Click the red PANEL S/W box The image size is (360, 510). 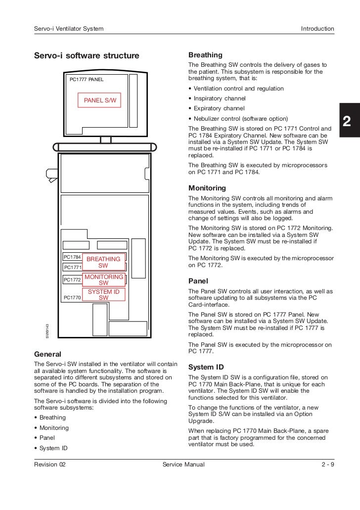pyautogui.click(x=100, y=100)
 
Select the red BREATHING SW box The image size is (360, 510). pyautogui.click(x=103, y=262)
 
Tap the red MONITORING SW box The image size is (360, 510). pyautogui.click(x=104, y=280)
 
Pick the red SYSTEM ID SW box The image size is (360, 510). pyautogui.click(x=104, y=295)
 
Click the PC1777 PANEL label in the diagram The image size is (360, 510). pyautogui.click(x=87, y=79)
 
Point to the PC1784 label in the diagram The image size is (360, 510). pyautogui.click(x=73, y=257)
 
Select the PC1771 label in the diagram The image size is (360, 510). pyautogui.click(x=73, y=268)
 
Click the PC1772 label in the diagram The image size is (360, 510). pyautogui.click(x=73, y=280)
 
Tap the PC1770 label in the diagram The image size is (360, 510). pyautogui.click(x=73, y=298)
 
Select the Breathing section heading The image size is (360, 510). pyautogui.click(x=205, y=55)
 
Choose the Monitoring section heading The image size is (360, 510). pyautogui.click(x=207, y=188)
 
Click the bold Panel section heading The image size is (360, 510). pyautogui.click(x=198, y=280)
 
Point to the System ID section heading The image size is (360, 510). pyautogui.click(x=206, y=367)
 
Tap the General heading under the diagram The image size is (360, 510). pyautogui.click(x=47, y=354)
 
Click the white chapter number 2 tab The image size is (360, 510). pyautogui.click(x=347, y=122)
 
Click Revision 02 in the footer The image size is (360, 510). pyautogui.click(x=50, y=464)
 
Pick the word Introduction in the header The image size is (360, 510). pyautogui.click(x=317, y=29)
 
